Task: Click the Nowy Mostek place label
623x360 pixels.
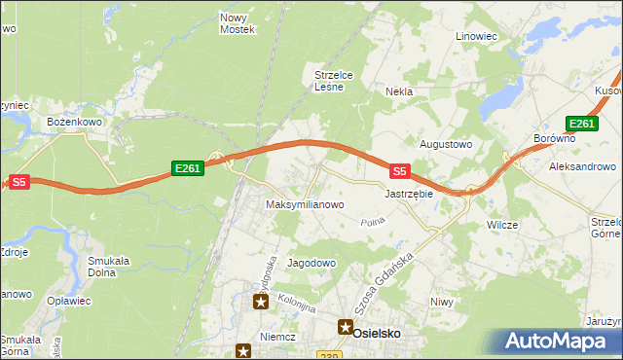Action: (238, 23)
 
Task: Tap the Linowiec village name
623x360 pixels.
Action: (476, 36)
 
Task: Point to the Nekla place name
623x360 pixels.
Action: (399, 91)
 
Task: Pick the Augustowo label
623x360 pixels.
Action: (445, 144)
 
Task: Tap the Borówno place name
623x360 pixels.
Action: (555, 139)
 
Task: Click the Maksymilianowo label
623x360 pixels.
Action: (305, 205)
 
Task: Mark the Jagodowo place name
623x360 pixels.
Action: (311, 263)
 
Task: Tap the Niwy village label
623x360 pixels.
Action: (442, 302)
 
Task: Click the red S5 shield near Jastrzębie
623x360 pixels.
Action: (398, 170)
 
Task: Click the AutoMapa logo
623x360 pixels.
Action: (559, 342)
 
